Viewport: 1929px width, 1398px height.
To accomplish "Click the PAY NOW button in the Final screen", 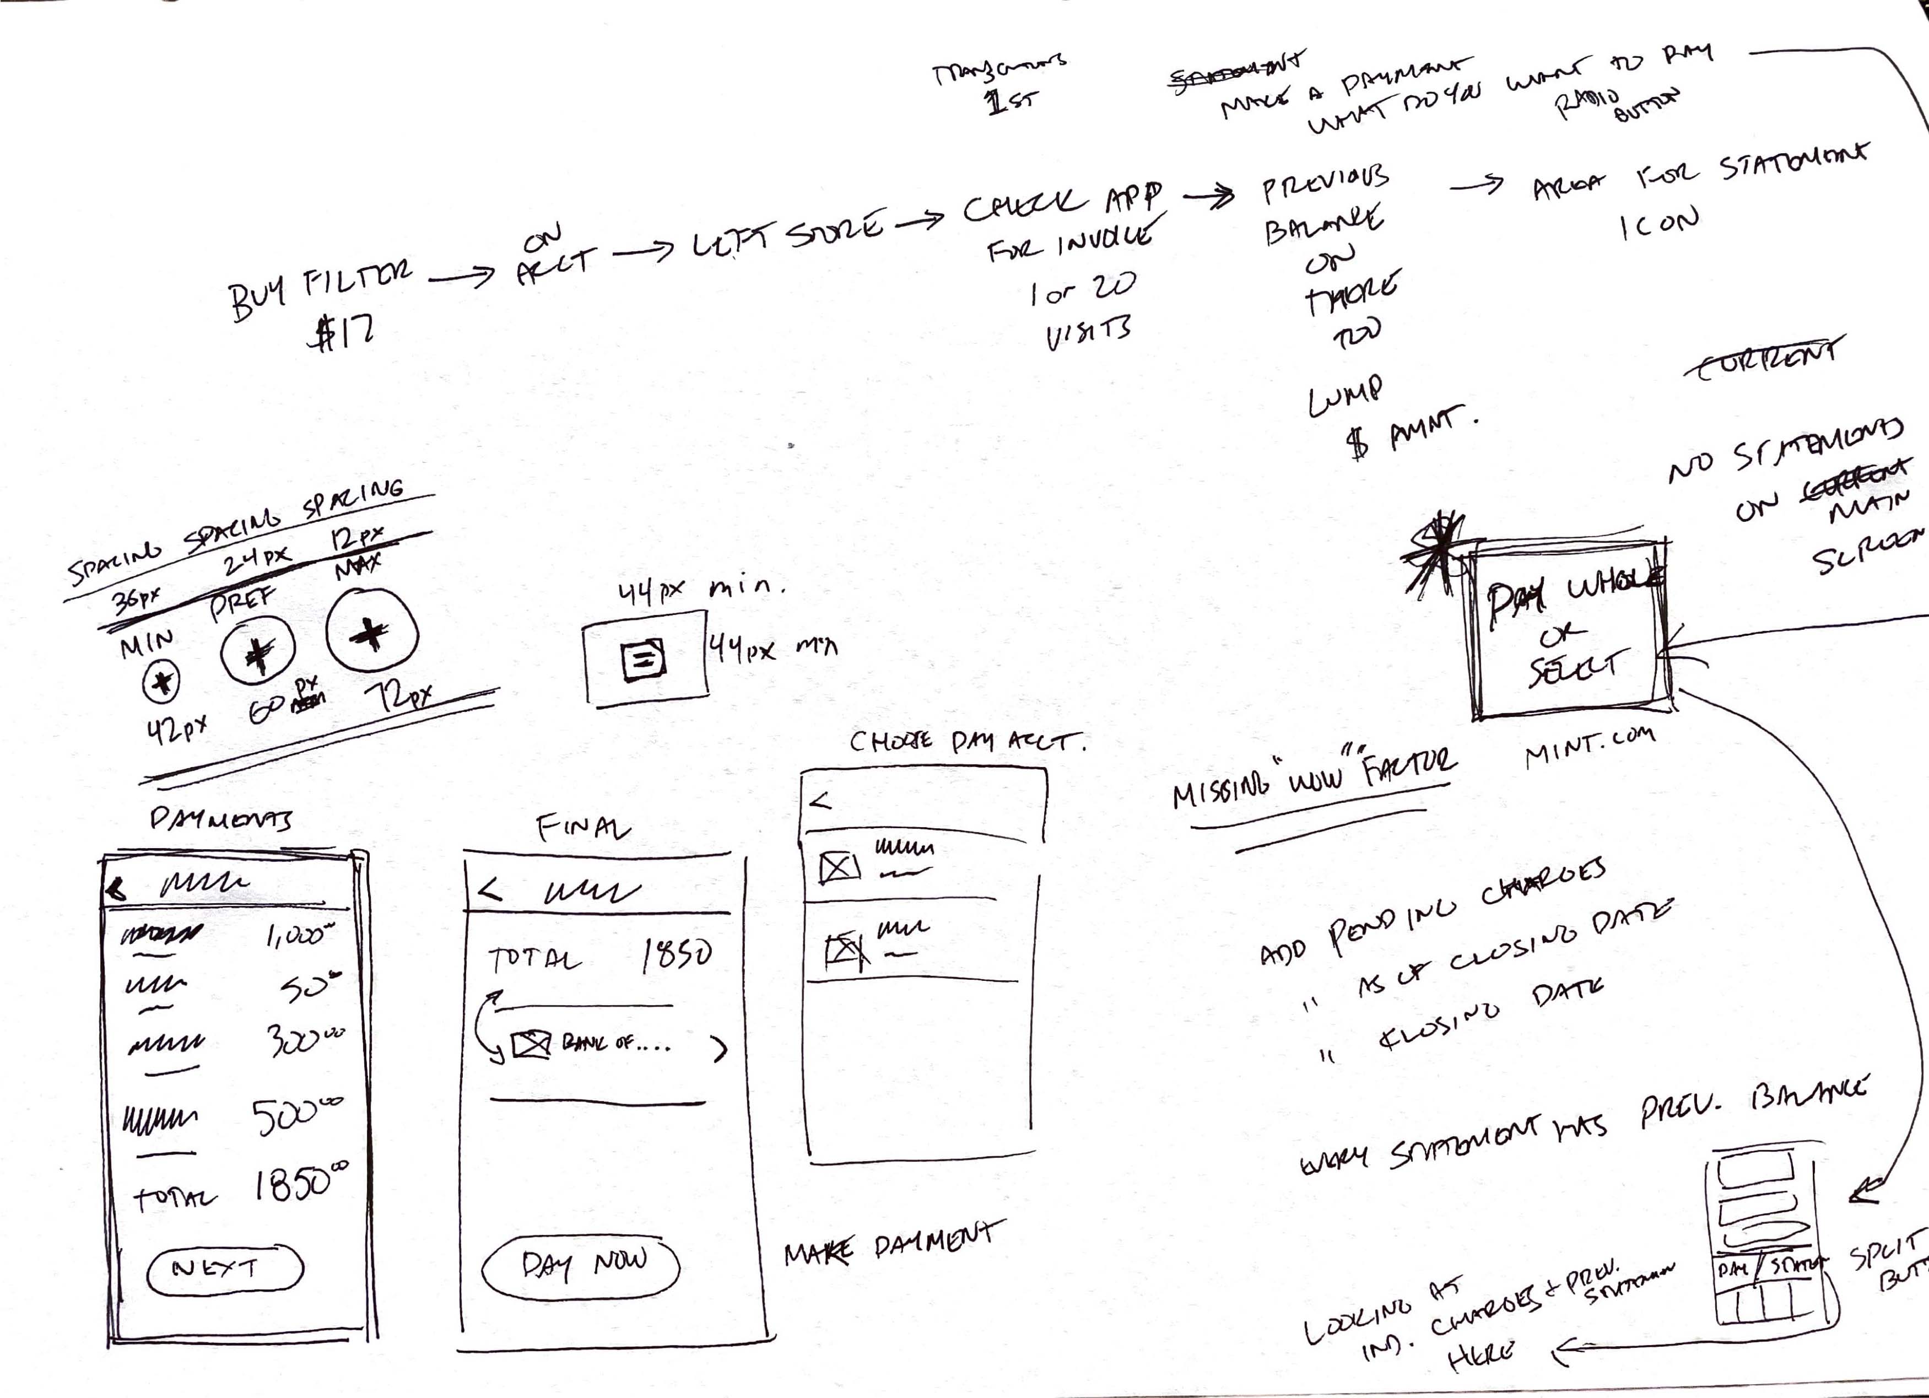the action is click(x=581, y=1265).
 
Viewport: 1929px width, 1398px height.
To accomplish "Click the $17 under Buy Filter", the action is click(x=340, y=330).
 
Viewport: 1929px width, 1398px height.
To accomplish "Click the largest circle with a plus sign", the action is click(x=372, y=633).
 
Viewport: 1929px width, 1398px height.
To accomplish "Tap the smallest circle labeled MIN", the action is click(x=161, y=681).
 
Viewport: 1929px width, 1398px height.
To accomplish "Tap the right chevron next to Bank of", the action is click(x=720, y=1050).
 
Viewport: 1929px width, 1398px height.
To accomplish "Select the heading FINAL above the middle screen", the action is click(x=583, y=827).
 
